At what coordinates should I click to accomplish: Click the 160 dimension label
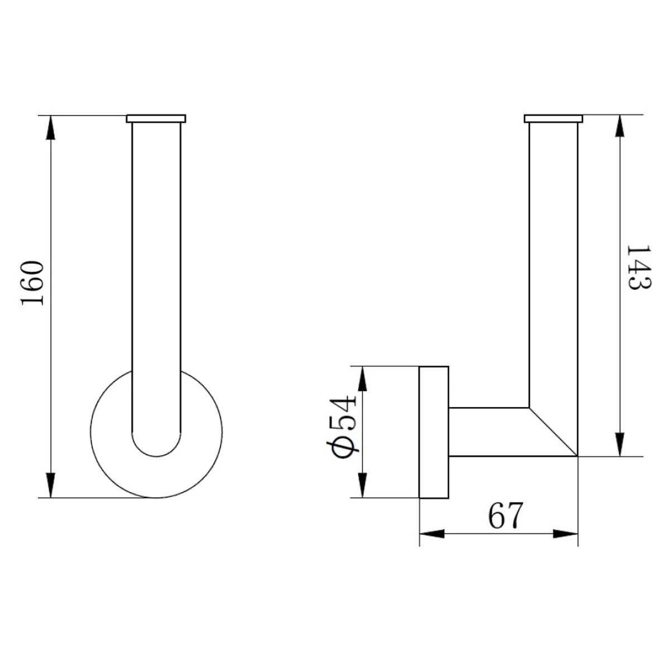tap(32, 283)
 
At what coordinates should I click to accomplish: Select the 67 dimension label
tap(505, 515)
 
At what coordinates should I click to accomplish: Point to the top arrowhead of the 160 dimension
tap(51, 128)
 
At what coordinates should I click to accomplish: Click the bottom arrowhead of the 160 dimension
tap(51, 485)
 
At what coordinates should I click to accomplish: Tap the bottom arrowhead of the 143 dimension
tap(620, 444)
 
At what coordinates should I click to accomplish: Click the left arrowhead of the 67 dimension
tap(432, 534)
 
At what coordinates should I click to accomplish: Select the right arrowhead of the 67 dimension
tap(566, 534)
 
